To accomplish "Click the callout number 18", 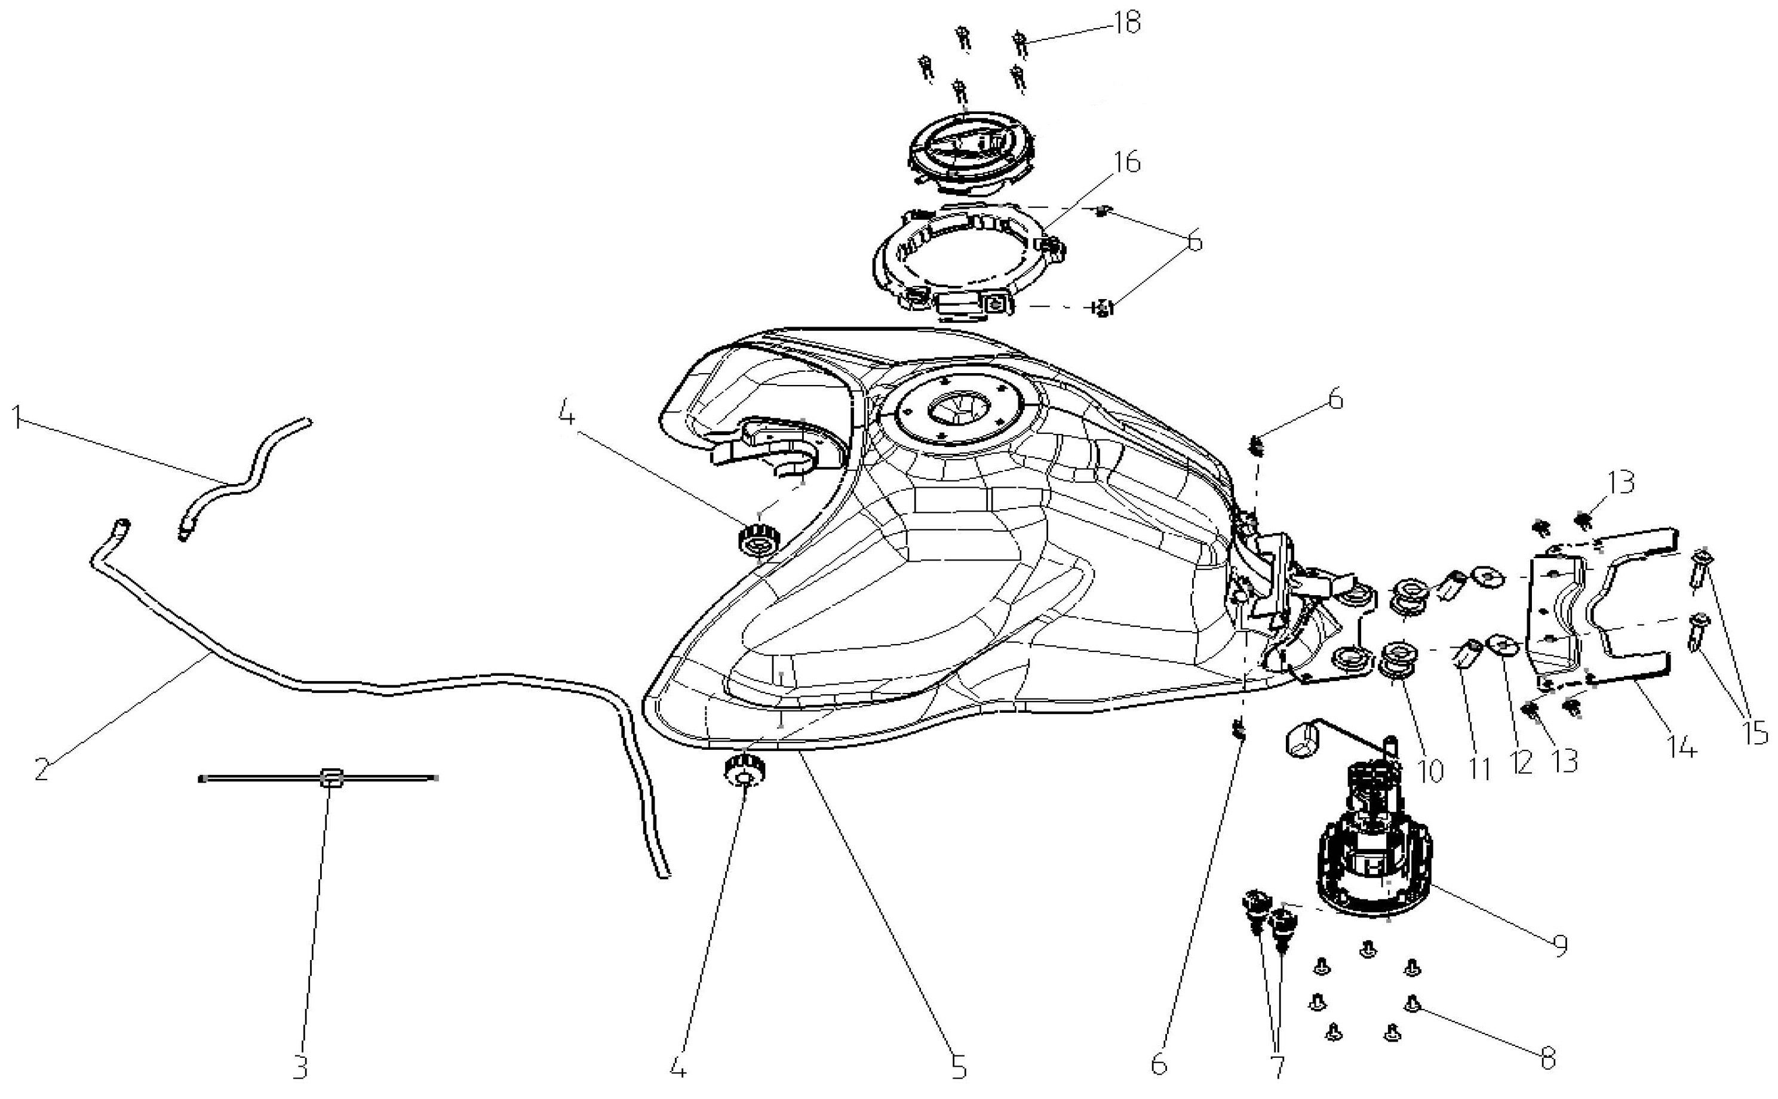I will (1126, 23).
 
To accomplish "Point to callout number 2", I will (41, 769).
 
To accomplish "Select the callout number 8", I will (1547, 1058).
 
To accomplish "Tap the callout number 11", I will (1479, 768).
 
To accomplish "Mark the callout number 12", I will (1522, 762).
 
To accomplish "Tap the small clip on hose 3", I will (331, 778).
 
